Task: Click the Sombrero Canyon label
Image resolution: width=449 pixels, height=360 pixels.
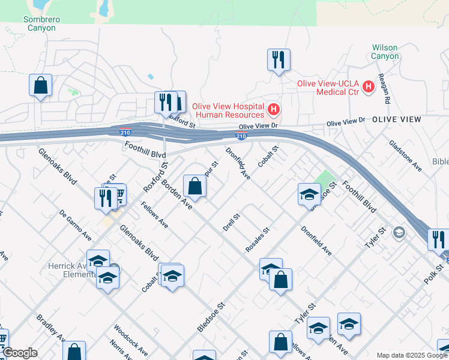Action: pyautogui.click(x=41, y=23)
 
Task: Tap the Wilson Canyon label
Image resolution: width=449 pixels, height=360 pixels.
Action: pyautogui.click(x=385, y=52)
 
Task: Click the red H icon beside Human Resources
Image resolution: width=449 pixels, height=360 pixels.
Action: pyautogui.click(x=274, y=109)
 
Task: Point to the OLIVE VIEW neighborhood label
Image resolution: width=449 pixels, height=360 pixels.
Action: pyautogui.click(x=396, y=120)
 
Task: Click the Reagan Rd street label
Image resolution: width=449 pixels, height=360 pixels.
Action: pyautogui.click(x=384, y=90)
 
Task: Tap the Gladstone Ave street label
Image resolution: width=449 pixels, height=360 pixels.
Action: pyautogui.click(x=405, y=156)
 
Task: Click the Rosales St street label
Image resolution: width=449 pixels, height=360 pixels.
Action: pyautogui.click(x=258, y=239)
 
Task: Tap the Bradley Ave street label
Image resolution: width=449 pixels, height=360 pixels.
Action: pyautogui.click(x=50, y=329)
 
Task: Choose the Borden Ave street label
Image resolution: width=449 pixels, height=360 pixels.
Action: pyautogui.click(x=176, y=194)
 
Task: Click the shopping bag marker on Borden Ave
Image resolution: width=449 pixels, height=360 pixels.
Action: pyautogui.click(x=195, y=185)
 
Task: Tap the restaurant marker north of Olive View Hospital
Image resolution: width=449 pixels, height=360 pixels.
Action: pyautogui.click(x=278, y=60)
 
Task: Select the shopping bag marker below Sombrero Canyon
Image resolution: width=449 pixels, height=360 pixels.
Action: pyautogui.click(x=40, y=85)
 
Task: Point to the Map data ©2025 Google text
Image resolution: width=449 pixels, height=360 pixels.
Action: pyautogui.click(x=411, y=355)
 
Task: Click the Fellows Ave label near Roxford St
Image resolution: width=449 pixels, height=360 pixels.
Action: pyautogui.click(x=154, y=215)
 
